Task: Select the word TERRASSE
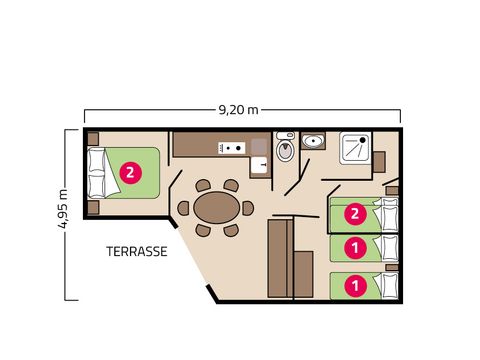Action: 136,252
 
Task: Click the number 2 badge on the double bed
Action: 130,172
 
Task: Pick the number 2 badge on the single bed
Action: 353,213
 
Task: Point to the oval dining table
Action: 217,208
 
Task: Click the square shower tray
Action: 357,148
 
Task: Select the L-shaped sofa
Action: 281,258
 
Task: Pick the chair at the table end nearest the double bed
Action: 184,209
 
